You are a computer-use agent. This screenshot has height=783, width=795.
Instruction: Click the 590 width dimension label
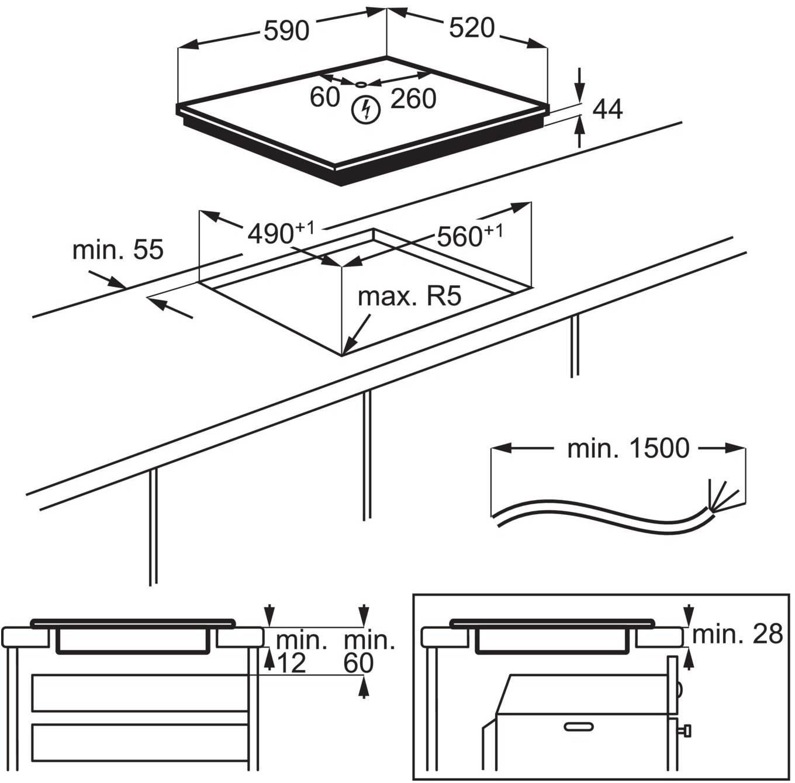[x=286, y=30]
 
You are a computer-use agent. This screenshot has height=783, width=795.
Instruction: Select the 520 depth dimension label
[x=472, y=28]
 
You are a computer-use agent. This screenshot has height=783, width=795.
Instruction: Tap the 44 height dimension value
[x=607, y=109]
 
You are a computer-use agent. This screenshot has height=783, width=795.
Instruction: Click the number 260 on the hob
[x=413, y=99]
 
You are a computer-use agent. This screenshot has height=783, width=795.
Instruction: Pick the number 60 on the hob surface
[x=324, y=97]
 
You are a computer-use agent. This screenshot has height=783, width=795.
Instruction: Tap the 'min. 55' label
[x=117, y=250]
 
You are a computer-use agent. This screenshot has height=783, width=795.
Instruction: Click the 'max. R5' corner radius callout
[x=409, y=296]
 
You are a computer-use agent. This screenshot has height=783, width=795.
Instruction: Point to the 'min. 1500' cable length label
[x=628, y=448]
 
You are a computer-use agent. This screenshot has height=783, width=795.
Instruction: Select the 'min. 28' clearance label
[x=737, y=633]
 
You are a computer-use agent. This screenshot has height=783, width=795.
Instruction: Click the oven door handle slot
[x=579, y=726]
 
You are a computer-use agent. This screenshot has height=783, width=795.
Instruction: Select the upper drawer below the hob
[x=140, y=693]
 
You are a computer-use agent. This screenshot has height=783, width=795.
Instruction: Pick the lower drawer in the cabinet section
[x=140, y=742]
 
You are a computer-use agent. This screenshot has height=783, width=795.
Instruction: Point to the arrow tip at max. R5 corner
[x=345, y=352]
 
